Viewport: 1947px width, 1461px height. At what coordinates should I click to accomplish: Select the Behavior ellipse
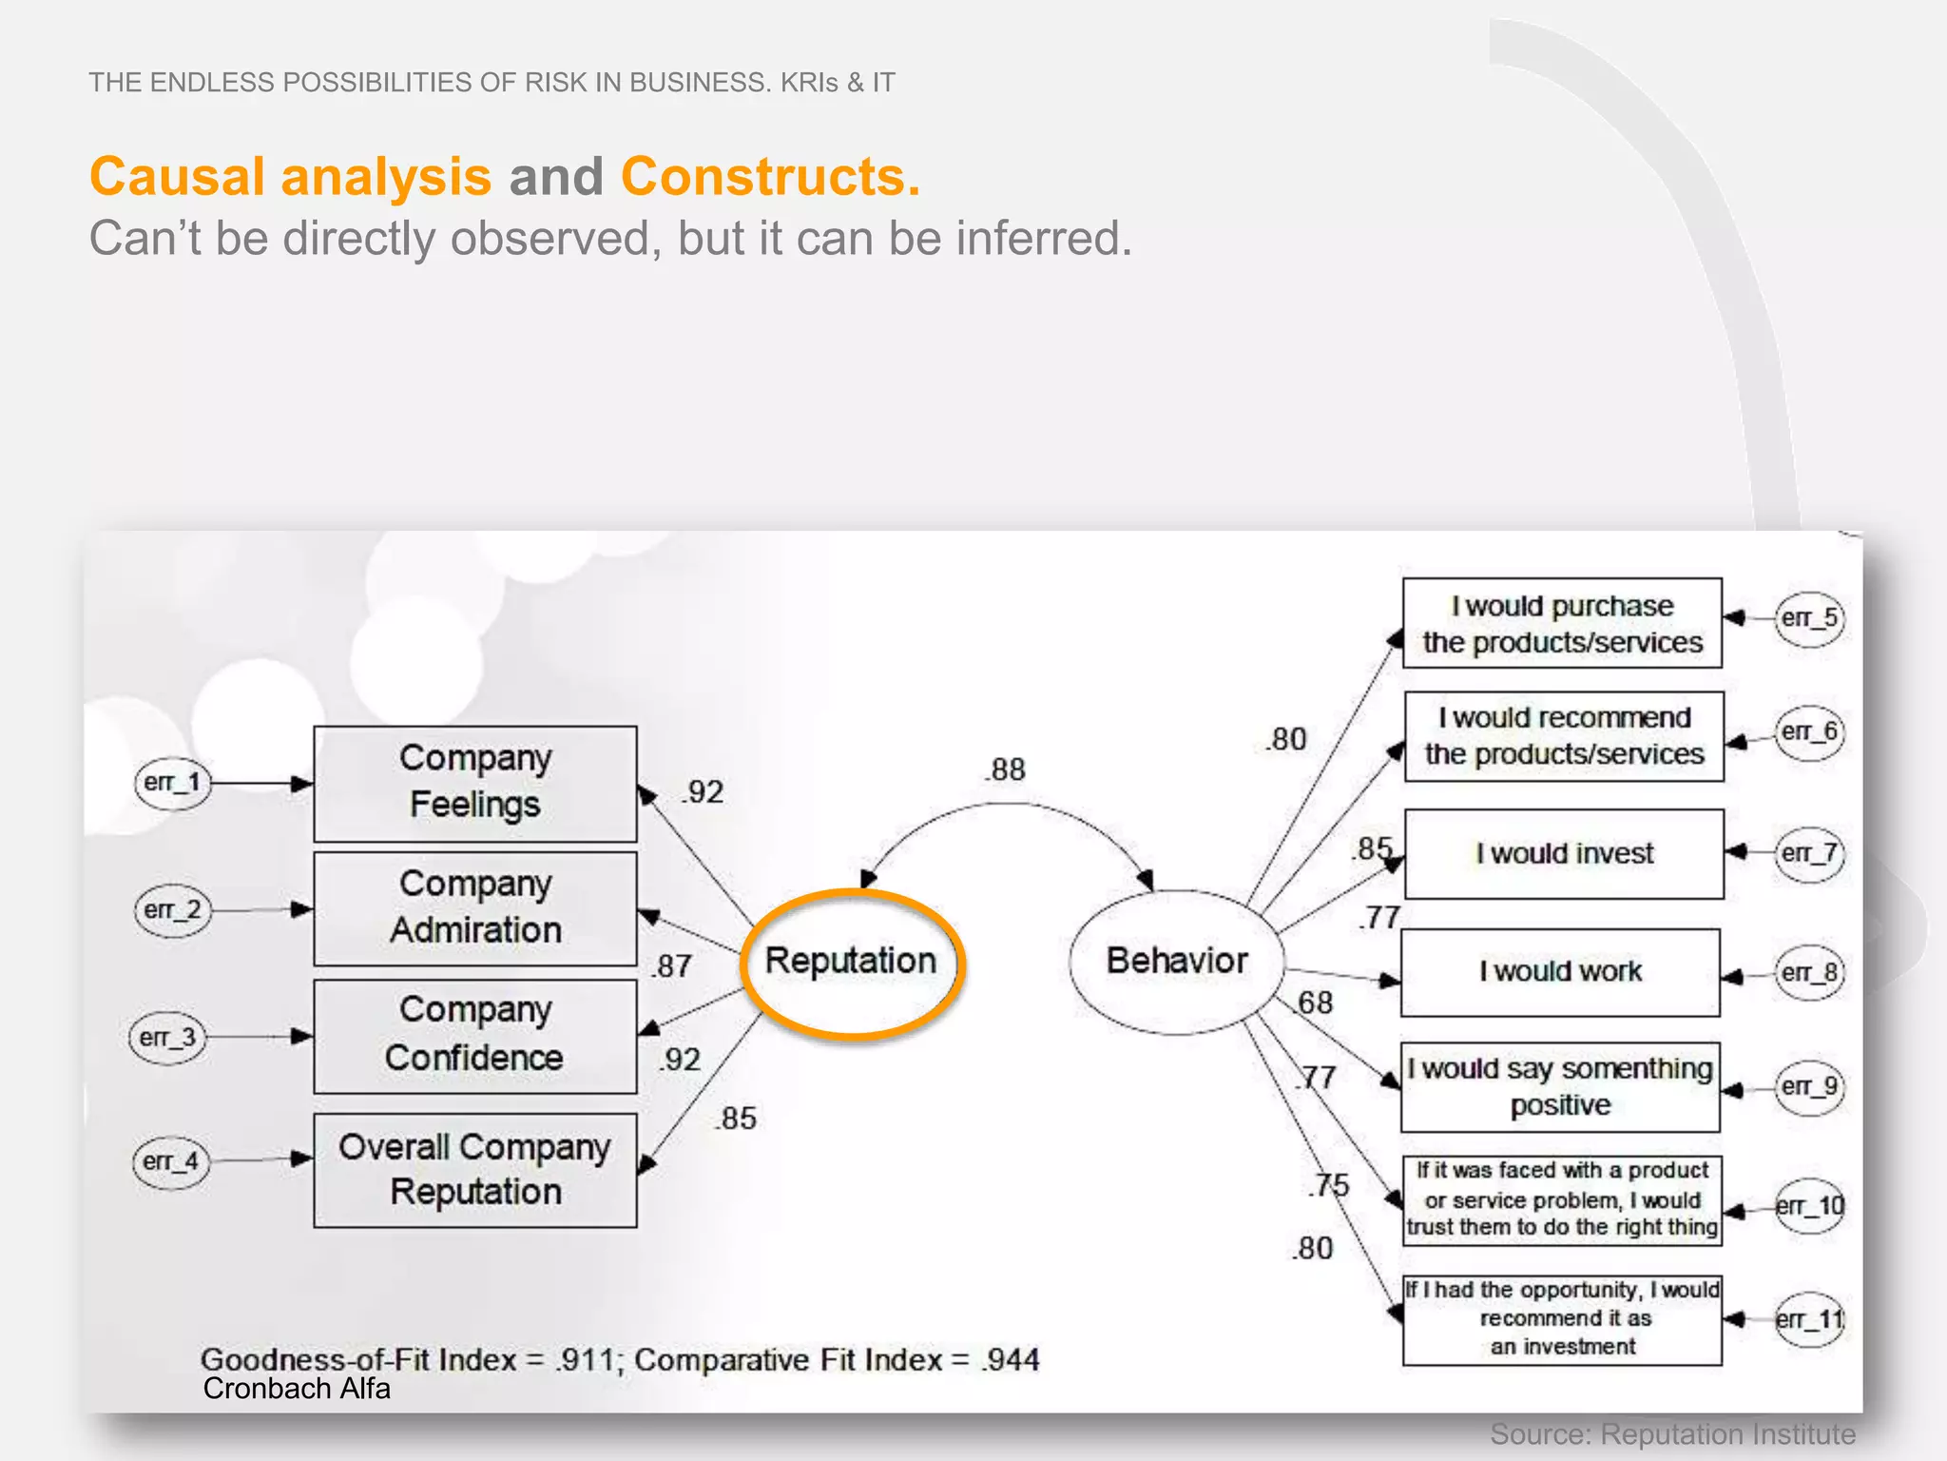(1176, 961)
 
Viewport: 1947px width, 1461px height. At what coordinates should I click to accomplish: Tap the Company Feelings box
(474, 783)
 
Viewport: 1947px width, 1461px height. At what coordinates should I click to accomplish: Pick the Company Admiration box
(474, 907)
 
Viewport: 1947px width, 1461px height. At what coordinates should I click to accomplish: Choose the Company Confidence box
(474, 1035)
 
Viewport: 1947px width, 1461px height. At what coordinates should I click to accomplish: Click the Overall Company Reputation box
(474, 1169)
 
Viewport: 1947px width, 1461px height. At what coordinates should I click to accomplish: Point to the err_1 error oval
(172, 783)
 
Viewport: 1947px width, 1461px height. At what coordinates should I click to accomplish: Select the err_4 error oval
(170, 1161)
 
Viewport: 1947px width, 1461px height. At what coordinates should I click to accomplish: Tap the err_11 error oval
(1809, 1319)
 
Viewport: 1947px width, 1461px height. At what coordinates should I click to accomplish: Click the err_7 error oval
(1809, 853)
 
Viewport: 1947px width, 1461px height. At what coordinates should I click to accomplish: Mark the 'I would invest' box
(1564, 853)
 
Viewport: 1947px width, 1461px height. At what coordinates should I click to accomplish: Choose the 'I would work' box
(1560, 972)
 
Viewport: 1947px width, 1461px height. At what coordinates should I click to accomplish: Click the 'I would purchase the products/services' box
(1562, 623)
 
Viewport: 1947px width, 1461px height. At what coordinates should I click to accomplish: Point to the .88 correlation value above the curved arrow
(1006, 769)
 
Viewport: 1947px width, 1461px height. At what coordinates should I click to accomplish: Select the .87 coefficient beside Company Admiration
(672, 966)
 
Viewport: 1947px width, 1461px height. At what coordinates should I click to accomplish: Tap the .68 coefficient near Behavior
(1316, 1003)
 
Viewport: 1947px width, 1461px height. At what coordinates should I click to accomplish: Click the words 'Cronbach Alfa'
(297, 1389)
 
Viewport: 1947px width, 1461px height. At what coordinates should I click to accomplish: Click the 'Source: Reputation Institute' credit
(1672, 1433)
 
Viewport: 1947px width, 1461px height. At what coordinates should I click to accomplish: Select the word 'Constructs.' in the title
(770, 177)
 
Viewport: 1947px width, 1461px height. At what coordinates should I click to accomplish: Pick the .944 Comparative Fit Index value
(1012, 1360)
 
